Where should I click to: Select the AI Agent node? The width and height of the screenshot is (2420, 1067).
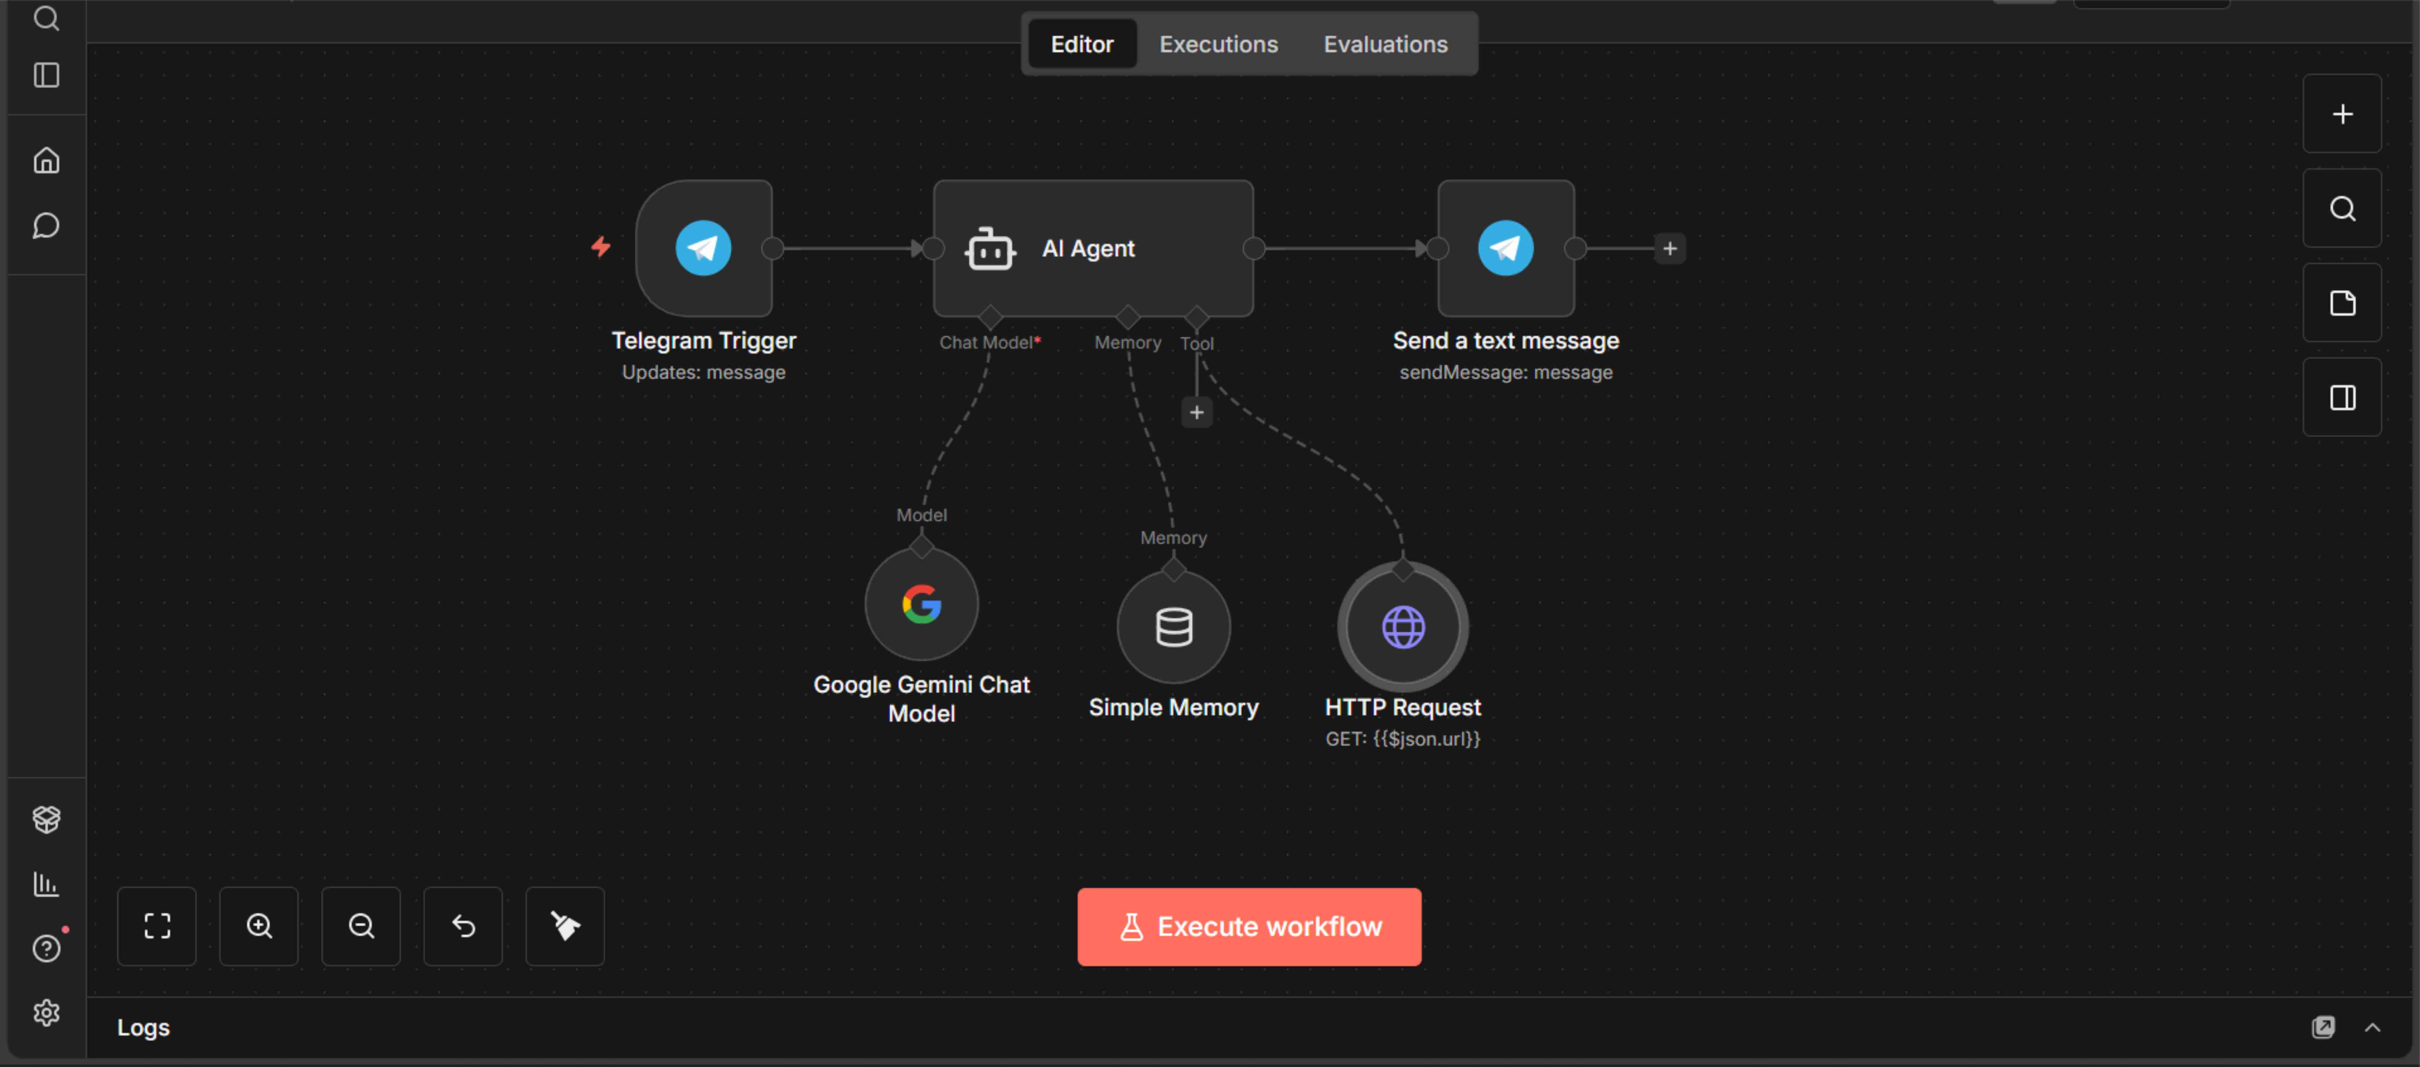pos(1093,248)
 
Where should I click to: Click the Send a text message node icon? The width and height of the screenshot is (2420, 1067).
pos(1506,248)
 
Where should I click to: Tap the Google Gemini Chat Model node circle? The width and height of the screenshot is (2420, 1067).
pos(922,604)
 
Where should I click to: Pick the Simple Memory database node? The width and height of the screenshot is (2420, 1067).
pos(1173,627)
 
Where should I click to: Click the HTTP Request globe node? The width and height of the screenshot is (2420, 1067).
pos(1403,627)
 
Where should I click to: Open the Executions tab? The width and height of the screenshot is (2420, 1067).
pos(1218,44)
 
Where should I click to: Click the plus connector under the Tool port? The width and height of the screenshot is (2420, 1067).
pos(1196,412)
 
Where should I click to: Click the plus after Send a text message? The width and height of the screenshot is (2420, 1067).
pos(1669,249)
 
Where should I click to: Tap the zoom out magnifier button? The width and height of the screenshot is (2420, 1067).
pos(361,926)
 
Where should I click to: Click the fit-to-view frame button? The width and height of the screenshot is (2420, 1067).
pos(157,926)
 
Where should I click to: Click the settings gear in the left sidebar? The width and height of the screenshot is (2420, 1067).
pos(46,1013)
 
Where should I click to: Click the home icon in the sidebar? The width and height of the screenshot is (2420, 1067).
pos(46,161)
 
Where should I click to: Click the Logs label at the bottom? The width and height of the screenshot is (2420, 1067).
pos(143,1028)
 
